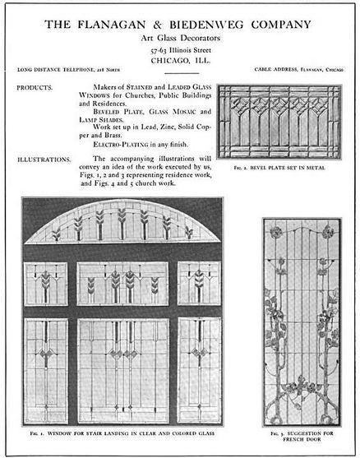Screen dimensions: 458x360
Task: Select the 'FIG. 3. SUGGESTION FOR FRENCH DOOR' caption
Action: pyautogui.click(x=301, y=435)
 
